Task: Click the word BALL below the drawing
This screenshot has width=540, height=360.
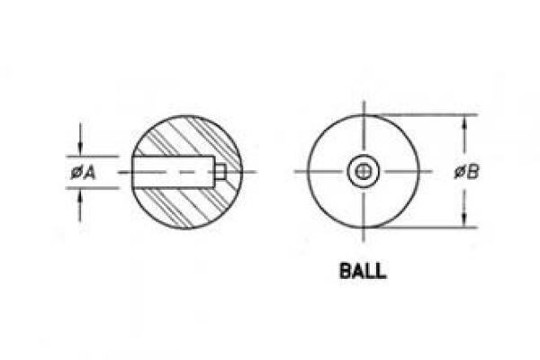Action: (363, 271)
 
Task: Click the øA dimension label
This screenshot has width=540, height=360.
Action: (83, 172)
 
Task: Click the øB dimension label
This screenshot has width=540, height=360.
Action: (466, 172)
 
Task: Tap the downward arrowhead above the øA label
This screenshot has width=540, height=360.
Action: (80, 150)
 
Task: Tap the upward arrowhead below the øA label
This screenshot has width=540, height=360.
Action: (80, 194)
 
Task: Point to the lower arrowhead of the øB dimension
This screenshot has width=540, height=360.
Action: (464, 221)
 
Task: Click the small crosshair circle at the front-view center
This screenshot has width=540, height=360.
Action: (363, 171)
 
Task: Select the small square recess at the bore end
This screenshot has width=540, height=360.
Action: (220, 172)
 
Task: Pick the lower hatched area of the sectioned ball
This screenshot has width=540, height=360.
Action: (193, 207)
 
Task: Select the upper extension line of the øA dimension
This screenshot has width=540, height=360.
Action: (93, 157)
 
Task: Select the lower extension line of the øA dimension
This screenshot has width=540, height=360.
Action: (93, 188)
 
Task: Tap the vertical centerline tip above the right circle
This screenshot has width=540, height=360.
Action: (364, 101)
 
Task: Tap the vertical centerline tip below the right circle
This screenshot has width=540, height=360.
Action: (364, 242)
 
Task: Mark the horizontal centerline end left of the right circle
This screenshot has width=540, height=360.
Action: (295, 171)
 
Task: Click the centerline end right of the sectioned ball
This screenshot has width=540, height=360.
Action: (256, 172)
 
